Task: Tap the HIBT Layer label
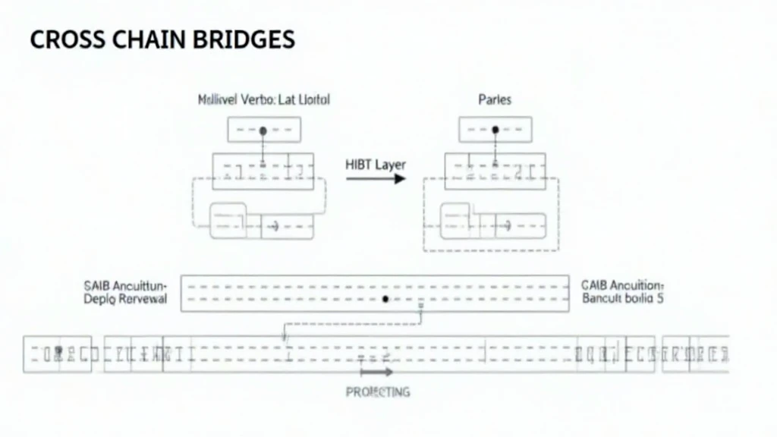[376, 165]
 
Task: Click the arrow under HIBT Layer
[376, 179]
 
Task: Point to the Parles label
[495, 99]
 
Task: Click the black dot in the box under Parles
[495, 130]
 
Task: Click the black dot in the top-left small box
[263, 130]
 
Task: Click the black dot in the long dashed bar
[385, 300]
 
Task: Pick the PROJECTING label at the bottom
[377, 392]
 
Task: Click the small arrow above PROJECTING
[376, 373]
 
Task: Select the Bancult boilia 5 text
[622, 300]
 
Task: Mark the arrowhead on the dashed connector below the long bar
[284, 337]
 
